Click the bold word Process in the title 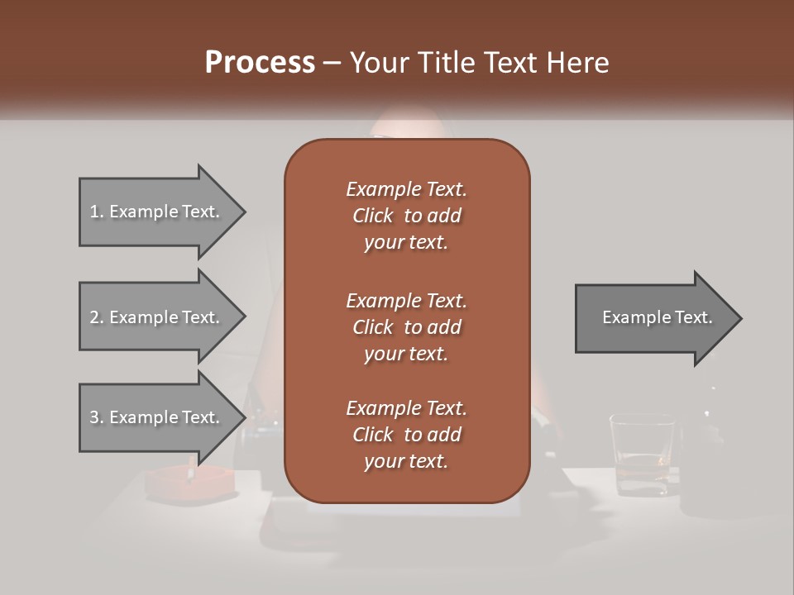pyautogui.click(x=260, y=62)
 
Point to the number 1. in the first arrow pyautogui.click(x=96, y=212)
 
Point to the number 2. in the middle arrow pyautogui.click(x=96, y=317)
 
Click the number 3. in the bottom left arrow pyautogui.click(x=96, y=417)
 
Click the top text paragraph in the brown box pyautogui.click(x=406, y=216)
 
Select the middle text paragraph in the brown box pyautogui.click(x=406, y=326)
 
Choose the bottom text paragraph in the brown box pyautogui.click(x=406, y=435)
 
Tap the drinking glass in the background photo pyautogui.click(x=641, y=455)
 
